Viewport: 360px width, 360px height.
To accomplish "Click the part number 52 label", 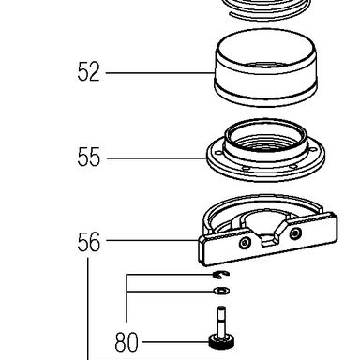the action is coord(88,72).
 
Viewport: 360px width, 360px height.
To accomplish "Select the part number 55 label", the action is coord(89,157).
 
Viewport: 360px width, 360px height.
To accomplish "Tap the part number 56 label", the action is coord(89,242).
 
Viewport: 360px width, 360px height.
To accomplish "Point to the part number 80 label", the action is coord(127,342).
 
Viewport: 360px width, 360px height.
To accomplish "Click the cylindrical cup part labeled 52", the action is coord(266,67).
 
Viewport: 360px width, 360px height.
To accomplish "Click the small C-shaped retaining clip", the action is coord(221,275).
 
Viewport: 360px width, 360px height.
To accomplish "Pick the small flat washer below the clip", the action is coord(221,291).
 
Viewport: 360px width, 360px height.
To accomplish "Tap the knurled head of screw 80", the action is coord(221,342).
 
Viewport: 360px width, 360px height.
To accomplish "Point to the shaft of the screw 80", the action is coord(221,321).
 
